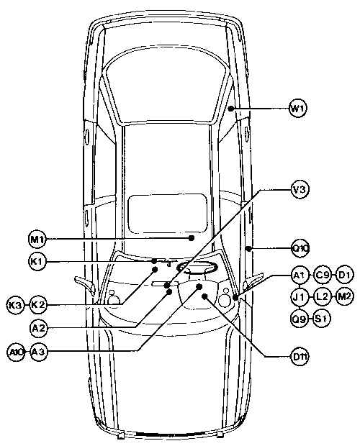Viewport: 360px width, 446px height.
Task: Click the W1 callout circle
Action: (x=298, y=108)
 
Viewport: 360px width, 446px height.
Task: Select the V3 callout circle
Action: (x=300, y=189)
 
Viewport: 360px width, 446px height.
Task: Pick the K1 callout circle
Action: (x=37, y=261)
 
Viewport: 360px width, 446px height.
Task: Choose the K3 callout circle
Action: (x=15, y=305)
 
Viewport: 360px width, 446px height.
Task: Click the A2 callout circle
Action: (x=38, y=328)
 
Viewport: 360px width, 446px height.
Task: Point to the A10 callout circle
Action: (x=15, y=352)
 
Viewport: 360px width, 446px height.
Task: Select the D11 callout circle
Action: (x=300, y=356)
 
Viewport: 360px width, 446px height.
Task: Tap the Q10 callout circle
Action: (x=300, y=249)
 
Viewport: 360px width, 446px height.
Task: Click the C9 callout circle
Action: (x=323, y=275)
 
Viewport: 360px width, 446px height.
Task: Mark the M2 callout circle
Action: (x=344, y=296)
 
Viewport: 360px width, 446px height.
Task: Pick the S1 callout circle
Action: (x=322, y=318)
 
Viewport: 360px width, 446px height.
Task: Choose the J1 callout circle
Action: (x=300, y=296)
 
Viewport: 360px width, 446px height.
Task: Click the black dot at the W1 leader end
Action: (x=231, y=109)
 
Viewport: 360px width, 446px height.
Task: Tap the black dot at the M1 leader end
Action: (x=192, y=238)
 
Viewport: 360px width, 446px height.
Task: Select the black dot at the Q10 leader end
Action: (x=248, y=249)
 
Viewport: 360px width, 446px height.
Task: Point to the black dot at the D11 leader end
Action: (x=204, y=296)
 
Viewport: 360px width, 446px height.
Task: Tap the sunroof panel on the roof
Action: (x=168, y=213)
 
